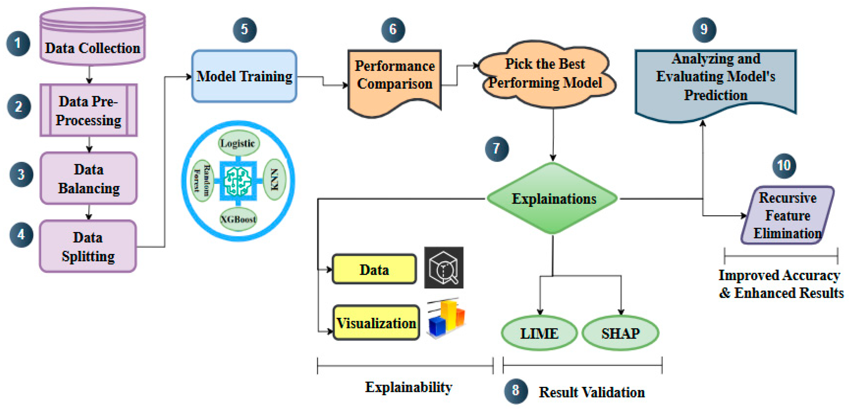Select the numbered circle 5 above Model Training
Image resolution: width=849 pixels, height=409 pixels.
coord(245,30)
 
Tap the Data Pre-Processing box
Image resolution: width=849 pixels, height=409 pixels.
coord(88,110)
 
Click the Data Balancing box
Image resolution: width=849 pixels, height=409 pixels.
coord(88,179)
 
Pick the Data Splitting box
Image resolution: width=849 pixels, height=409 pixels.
coord(88,246)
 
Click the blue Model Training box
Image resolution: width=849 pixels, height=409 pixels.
coord(244,76)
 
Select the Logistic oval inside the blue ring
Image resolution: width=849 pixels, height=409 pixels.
coord(238,143)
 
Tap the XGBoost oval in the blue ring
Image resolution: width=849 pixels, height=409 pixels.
coord(238,219)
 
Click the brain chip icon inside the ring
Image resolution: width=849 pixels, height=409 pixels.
coord(238,181)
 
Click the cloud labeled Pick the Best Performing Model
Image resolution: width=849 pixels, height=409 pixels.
coord(546,74)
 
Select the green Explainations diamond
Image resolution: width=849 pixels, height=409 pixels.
coord(553,199)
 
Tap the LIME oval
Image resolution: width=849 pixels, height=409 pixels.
coord(539,333)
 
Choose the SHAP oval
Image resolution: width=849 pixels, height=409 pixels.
coord(620,333)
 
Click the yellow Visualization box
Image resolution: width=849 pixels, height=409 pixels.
coord(376,323)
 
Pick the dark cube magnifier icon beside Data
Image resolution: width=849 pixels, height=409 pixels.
coord(444,267)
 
